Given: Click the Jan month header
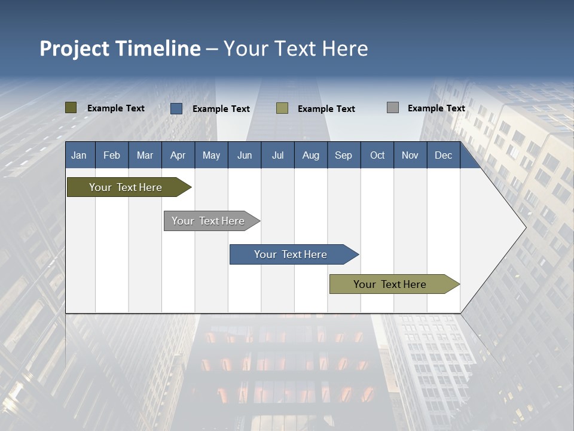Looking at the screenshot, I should (x=79, y=156).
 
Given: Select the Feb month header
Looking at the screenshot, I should (x=112, y=156).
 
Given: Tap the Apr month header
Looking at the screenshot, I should (x=178, y=156).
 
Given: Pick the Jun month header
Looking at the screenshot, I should (x=245, y=156).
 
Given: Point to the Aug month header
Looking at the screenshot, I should (x=310, y=156).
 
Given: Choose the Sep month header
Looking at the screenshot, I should (x=343, y=156).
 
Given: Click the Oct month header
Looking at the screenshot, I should (x=377, y=156).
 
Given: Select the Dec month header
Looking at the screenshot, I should (x=443, y=156).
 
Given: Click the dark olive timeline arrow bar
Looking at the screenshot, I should (x=126, y=187).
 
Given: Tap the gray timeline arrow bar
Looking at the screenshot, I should (x=208, y=221).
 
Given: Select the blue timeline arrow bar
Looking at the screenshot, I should (x=291, y=254).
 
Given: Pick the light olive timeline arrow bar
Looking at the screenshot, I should (x=390, y=284).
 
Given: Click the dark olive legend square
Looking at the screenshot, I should (x=71, y=108).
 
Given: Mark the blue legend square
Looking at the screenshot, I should (x=176, y=108).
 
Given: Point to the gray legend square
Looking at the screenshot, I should (x=393, y=108).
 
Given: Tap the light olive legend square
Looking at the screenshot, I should (x=282, y=108).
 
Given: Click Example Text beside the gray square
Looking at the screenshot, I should (x=436, y=108).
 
